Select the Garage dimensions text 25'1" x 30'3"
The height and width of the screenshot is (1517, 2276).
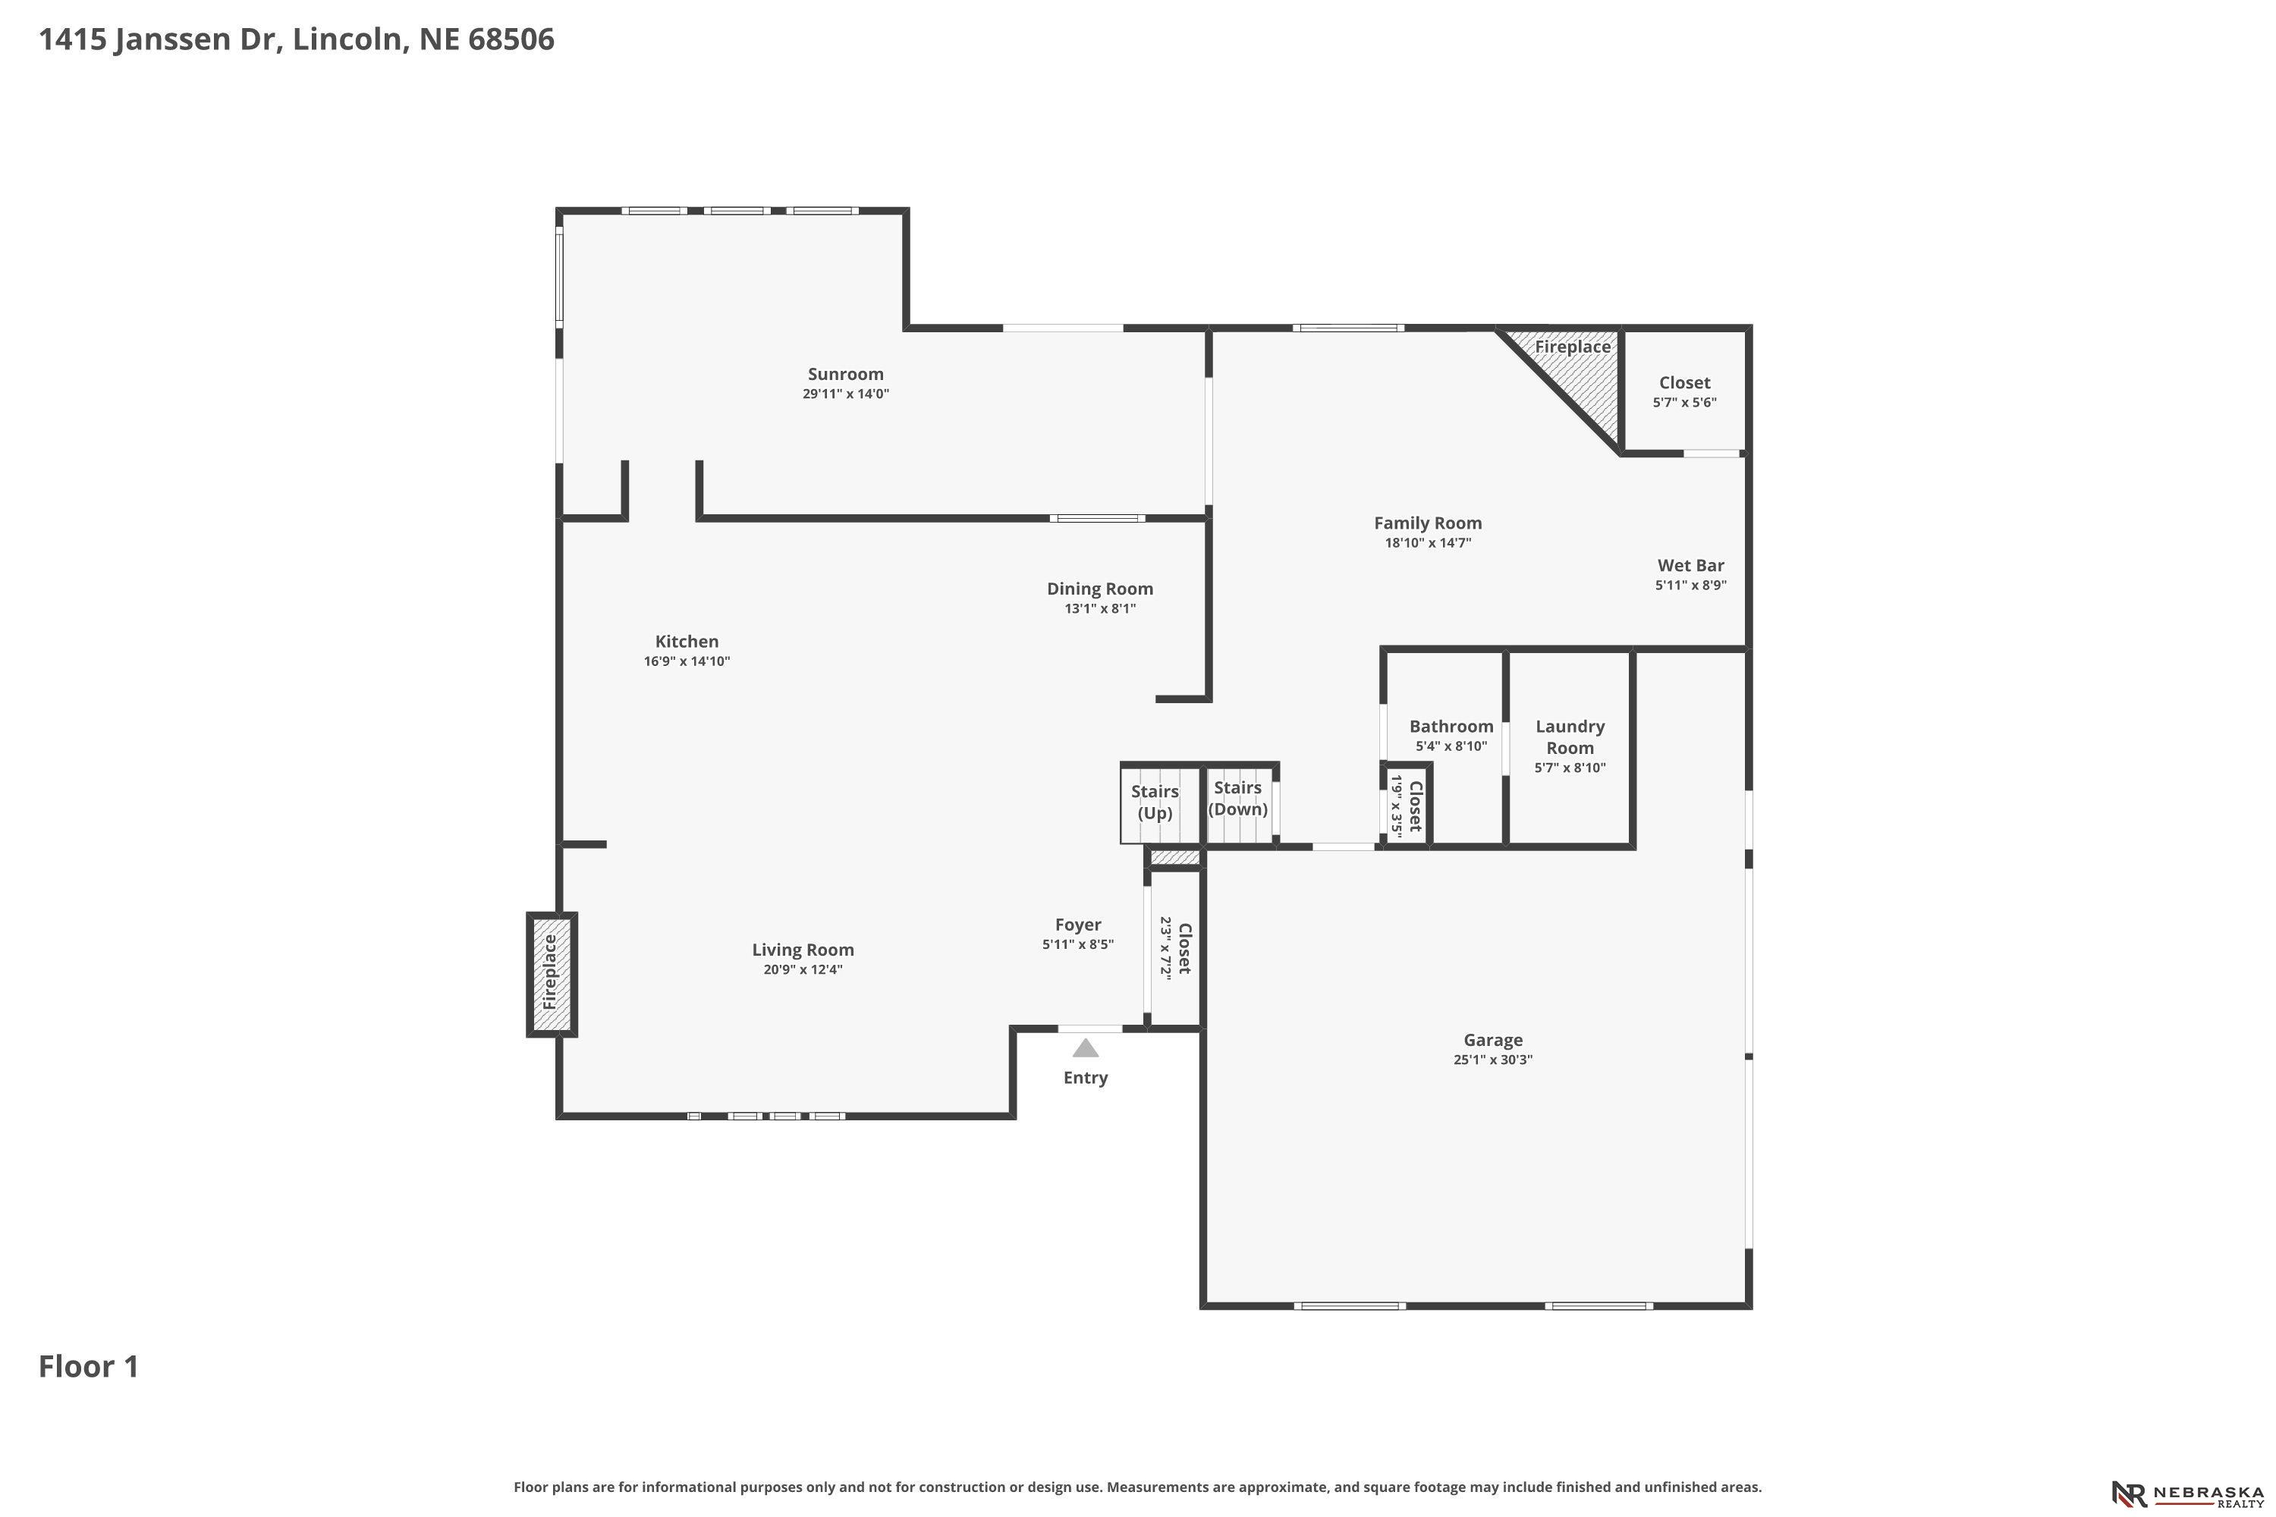pyautogui.click(x=1493, y=1060)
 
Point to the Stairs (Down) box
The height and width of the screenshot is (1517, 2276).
pyautogui.click(x=1240, y=801)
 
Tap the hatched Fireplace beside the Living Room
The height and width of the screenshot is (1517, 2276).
pyautogui.click(x=552, y=973)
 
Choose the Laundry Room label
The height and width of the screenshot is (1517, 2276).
pyautogui.click(x=1570, y=737)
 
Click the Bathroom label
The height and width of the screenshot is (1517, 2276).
pyautogui.click(x=1451, y=727)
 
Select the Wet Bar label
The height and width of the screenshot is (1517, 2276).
pyautogui.click(x=1690, y=566)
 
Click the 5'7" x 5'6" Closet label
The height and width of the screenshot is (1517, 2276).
pyautogui.click(x=1685, y=383)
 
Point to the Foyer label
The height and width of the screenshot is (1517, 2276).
pyautogui.click(x=1078, y=925)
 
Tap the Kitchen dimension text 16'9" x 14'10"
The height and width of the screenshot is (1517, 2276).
pyautogui.click(x=687, y=661)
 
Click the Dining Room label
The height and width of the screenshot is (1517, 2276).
pyautogui.click(x=1100, y=589)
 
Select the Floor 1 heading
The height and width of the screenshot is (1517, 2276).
pyautogui.click(x=89, y=1367)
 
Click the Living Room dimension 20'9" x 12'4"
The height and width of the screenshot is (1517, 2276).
pyautogui.click(x=803, y=970)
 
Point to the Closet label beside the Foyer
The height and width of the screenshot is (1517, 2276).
pyautogui.click(x=1184, y=949)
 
